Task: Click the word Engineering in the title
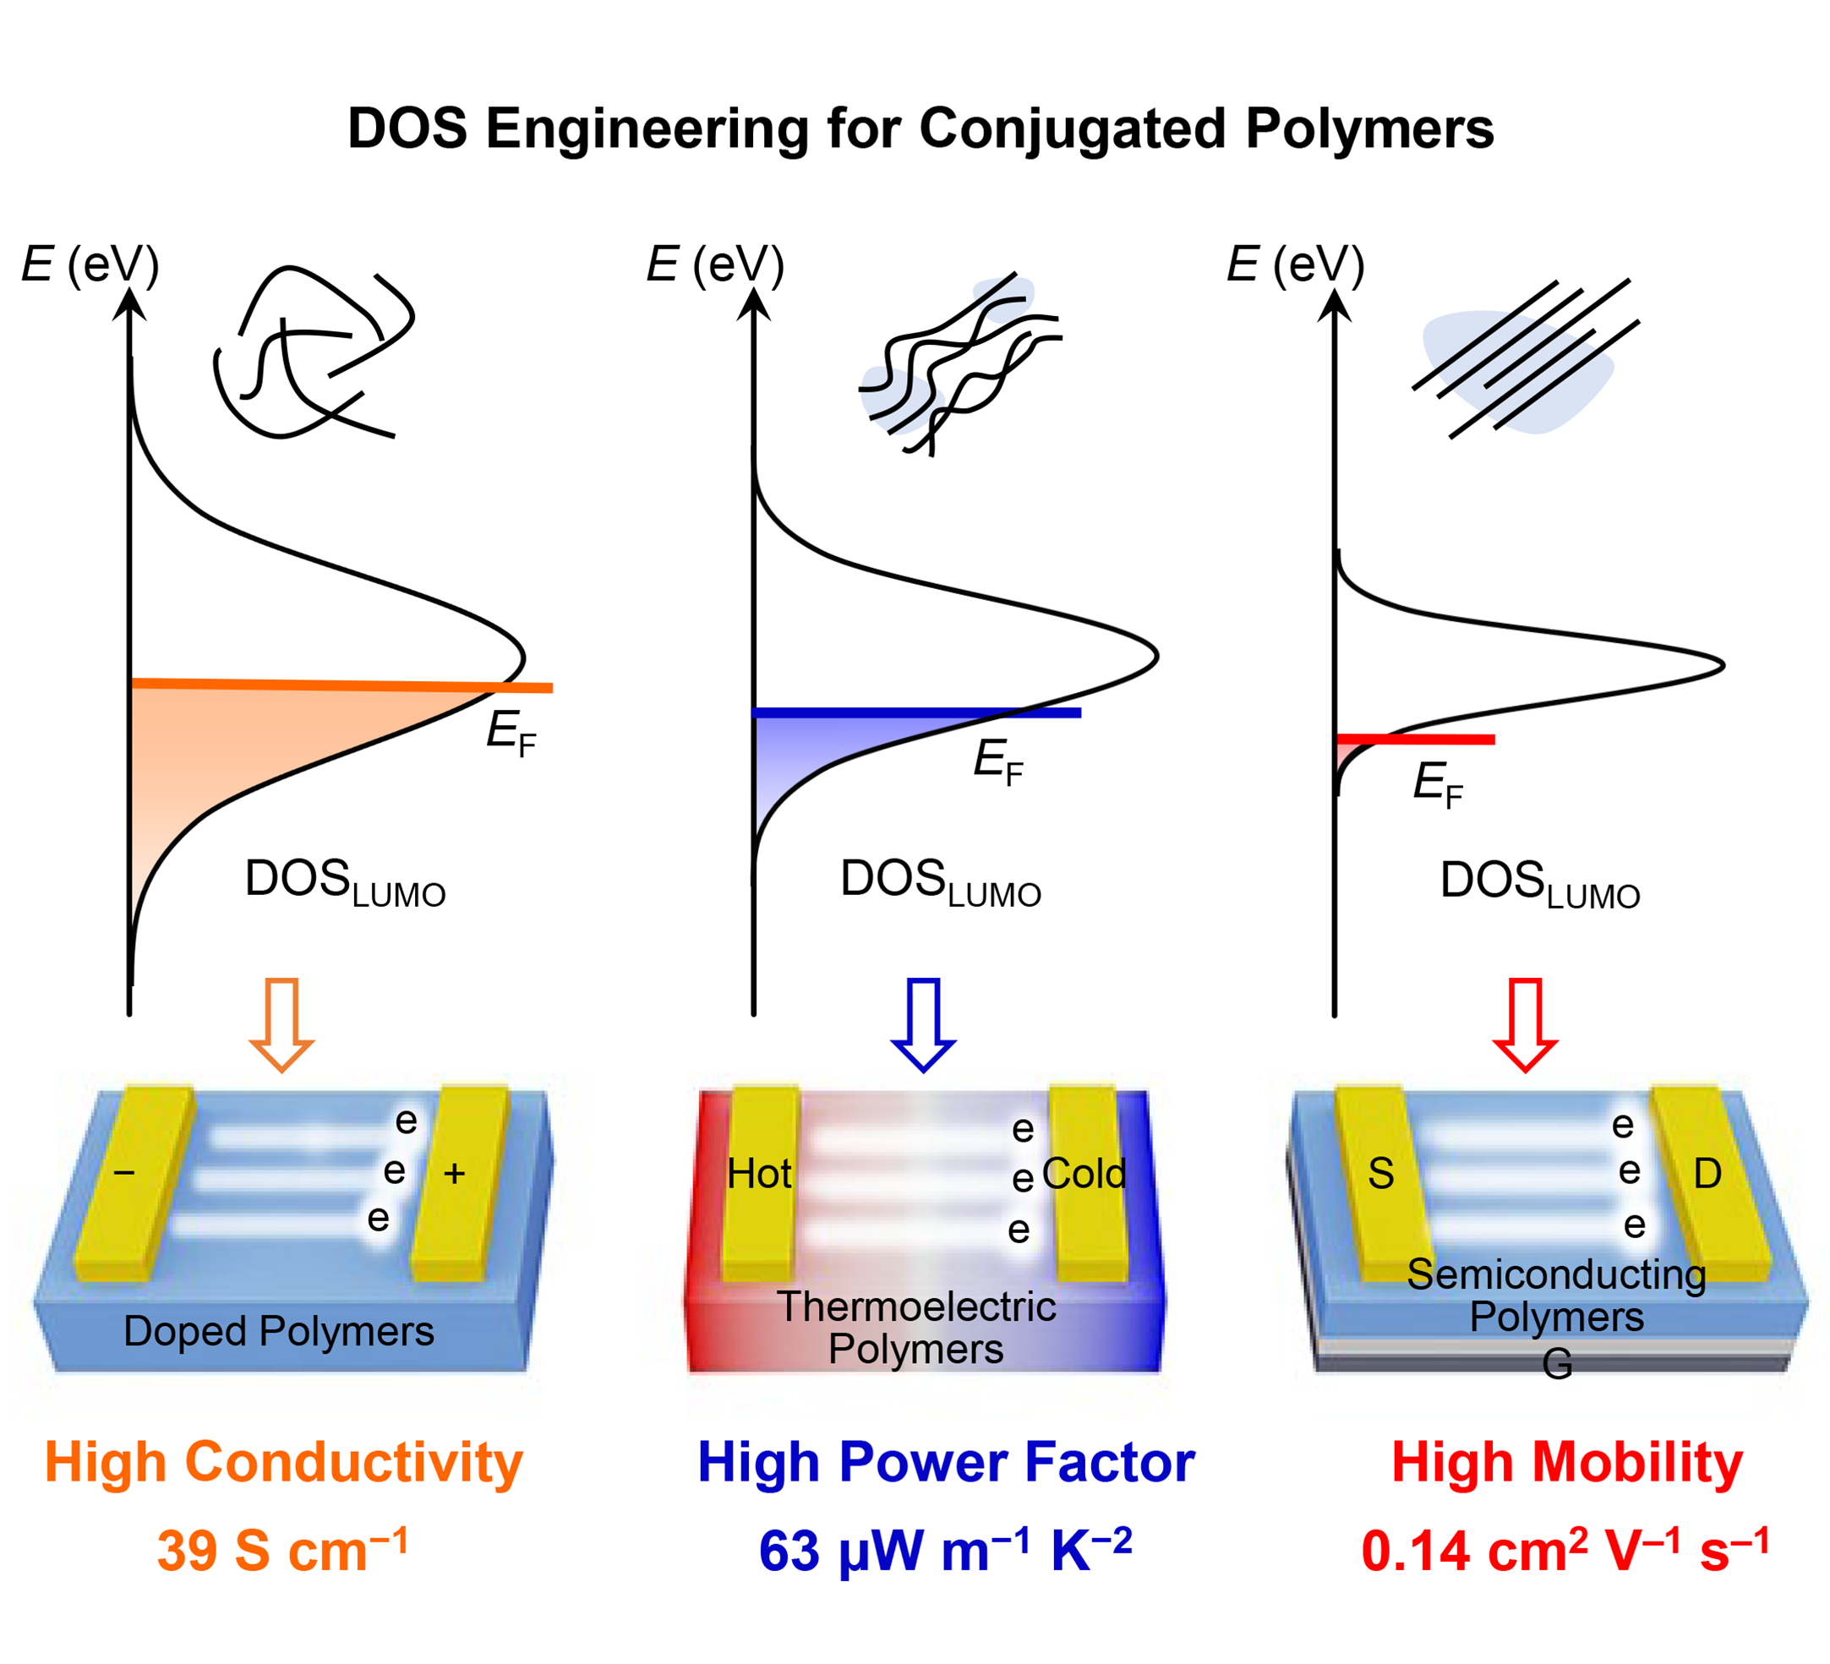point(647,129)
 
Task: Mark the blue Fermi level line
point(917,712)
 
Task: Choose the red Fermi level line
point(1416,739)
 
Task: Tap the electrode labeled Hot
point(761,1180)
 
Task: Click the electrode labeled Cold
point(1085,1180)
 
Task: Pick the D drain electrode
point(1708,1180)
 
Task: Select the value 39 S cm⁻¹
point(282,1551)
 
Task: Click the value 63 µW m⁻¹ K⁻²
point(945,1551)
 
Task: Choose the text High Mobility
point(1567,1463)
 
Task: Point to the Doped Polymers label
point(279,1332)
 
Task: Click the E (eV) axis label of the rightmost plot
point(1295,265)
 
